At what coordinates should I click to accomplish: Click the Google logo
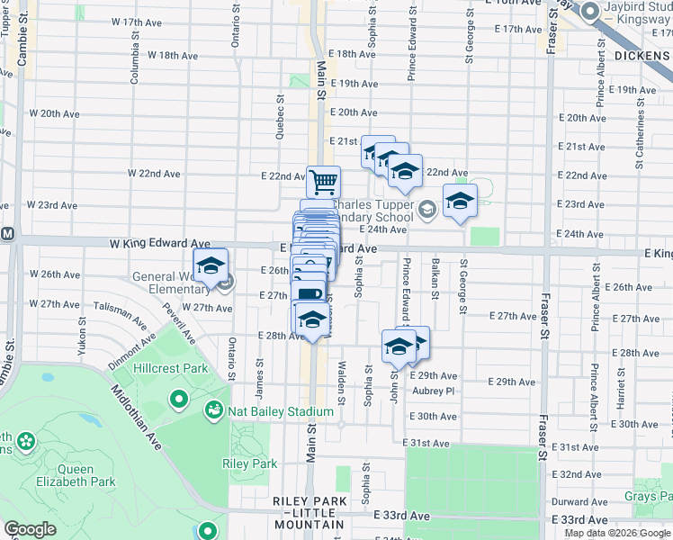tap(30, 529)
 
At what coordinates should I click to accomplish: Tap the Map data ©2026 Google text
tap(618, 533)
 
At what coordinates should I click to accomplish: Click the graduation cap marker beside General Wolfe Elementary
tap(211, 266)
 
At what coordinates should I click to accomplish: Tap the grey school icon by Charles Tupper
tap(426, 209)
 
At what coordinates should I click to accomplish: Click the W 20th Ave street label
tap(55, 114)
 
